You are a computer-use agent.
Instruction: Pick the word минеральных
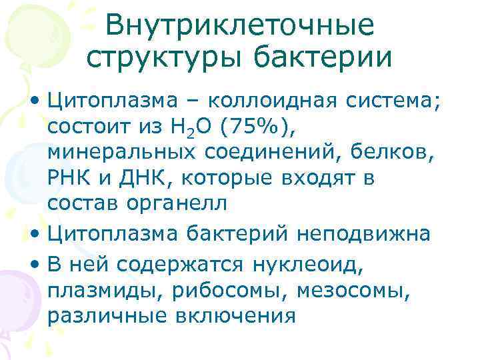click(x=121, y=154)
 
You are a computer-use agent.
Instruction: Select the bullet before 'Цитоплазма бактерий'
click(x=36, y=235)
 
